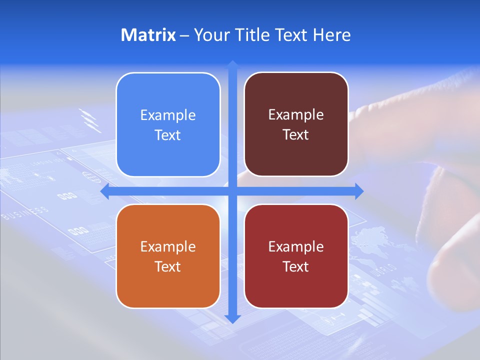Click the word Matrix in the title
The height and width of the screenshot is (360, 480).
[x=148, y=35]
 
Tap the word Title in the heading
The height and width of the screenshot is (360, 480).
[x=254, y=35]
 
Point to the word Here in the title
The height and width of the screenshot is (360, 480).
[x=331, y=35]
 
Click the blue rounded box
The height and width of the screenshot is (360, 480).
[x=168, y=124]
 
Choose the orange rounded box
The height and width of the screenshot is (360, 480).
[x=168, y=256]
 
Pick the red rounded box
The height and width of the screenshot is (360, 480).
[x=296, y=256]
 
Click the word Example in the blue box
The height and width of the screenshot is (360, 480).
[x=168, y=115]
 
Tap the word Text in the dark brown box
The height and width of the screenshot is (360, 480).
[x=296, y=135]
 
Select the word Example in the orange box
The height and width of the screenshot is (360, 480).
[x=168, y=246]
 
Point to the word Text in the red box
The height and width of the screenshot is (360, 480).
[x=296, y=266]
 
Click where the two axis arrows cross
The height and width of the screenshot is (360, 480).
[x=232, y=191]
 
